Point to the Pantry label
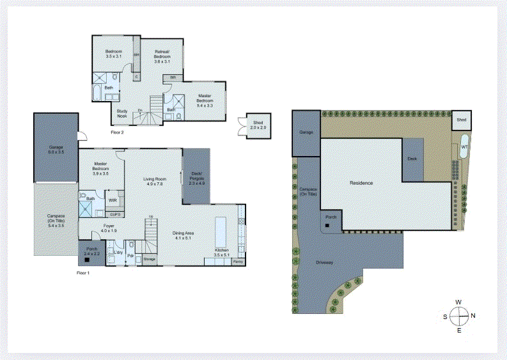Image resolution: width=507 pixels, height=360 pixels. (x=238, y=262)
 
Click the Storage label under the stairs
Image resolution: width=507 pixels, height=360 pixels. (x=150, y=260)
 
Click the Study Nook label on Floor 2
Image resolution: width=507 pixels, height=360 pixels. (x=121, y=113)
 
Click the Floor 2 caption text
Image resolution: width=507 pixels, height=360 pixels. (x=117, y=132)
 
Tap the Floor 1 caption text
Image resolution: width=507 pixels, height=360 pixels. (x=83, y=273)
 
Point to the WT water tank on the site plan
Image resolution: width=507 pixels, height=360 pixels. (x=464, y=147)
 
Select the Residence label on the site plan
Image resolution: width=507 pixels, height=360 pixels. (x=361, y=183)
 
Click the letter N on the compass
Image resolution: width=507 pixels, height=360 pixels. (x=472, y=315)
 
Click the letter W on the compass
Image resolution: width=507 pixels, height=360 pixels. (x=458, y=302)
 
